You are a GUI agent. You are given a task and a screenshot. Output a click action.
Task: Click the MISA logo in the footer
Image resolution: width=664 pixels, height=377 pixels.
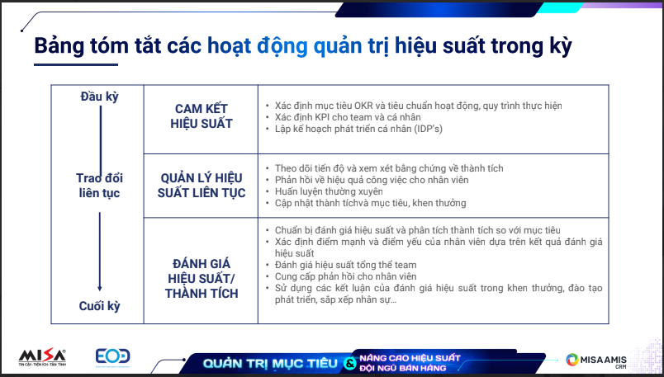pos(42,357)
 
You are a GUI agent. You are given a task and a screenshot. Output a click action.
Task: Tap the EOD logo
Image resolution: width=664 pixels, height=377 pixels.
pos(112,357)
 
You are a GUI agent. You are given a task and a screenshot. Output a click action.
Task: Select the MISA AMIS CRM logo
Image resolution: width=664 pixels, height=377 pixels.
pos(596,361)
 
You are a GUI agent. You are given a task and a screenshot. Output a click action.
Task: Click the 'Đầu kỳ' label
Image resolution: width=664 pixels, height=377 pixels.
pos(99,97)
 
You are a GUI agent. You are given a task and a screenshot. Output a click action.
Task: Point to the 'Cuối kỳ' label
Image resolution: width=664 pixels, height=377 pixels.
pos(99,306)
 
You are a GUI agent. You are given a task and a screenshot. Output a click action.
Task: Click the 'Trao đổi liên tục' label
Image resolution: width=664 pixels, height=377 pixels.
pos(99,186)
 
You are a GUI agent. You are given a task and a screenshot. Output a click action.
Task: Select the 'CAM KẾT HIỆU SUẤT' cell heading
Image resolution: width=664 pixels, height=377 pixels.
pos(202,116)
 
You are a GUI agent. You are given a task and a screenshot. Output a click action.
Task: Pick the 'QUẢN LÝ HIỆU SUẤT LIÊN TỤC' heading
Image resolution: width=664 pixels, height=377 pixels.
pos(202,186)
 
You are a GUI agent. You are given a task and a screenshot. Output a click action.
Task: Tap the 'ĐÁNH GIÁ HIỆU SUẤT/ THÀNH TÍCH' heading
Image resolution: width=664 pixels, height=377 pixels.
pos(202,278)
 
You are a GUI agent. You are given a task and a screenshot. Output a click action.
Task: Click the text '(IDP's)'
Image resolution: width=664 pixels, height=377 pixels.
pos(429,129)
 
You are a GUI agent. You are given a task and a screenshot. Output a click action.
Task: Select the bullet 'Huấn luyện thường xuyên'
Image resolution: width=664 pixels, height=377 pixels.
pos(329,191)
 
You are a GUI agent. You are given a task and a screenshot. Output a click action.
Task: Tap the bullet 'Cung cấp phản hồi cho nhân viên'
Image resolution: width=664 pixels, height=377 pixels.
pos(345,276)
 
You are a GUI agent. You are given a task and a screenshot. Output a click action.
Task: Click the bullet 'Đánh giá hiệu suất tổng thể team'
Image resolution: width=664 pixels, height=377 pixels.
pos(345,265)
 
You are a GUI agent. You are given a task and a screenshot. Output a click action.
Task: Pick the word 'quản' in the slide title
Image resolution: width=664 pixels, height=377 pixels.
pos(338,46)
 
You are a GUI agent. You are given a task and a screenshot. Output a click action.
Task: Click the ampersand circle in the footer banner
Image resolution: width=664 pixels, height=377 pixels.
pos(350,363)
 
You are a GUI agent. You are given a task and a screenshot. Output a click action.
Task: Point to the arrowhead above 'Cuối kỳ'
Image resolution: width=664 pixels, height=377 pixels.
pos(99,289)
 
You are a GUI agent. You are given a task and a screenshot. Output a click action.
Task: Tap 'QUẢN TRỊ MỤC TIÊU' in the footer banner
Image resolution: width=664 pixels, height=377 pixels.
pos(270,364)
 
